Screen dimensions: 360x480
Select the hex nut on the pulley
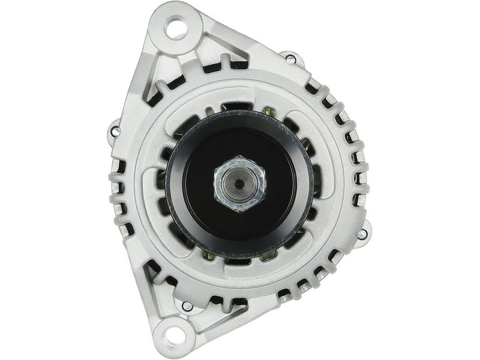239,184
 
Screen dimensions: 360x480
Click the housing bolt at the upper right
290,59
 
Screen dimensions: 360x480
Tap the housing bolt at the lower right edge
362,234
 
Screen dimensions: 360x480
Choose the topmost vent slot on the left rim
118,164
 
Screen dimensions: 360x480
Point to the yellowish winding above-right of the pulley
269,112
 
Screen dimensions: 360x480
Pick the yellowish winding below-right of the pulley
268,254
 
